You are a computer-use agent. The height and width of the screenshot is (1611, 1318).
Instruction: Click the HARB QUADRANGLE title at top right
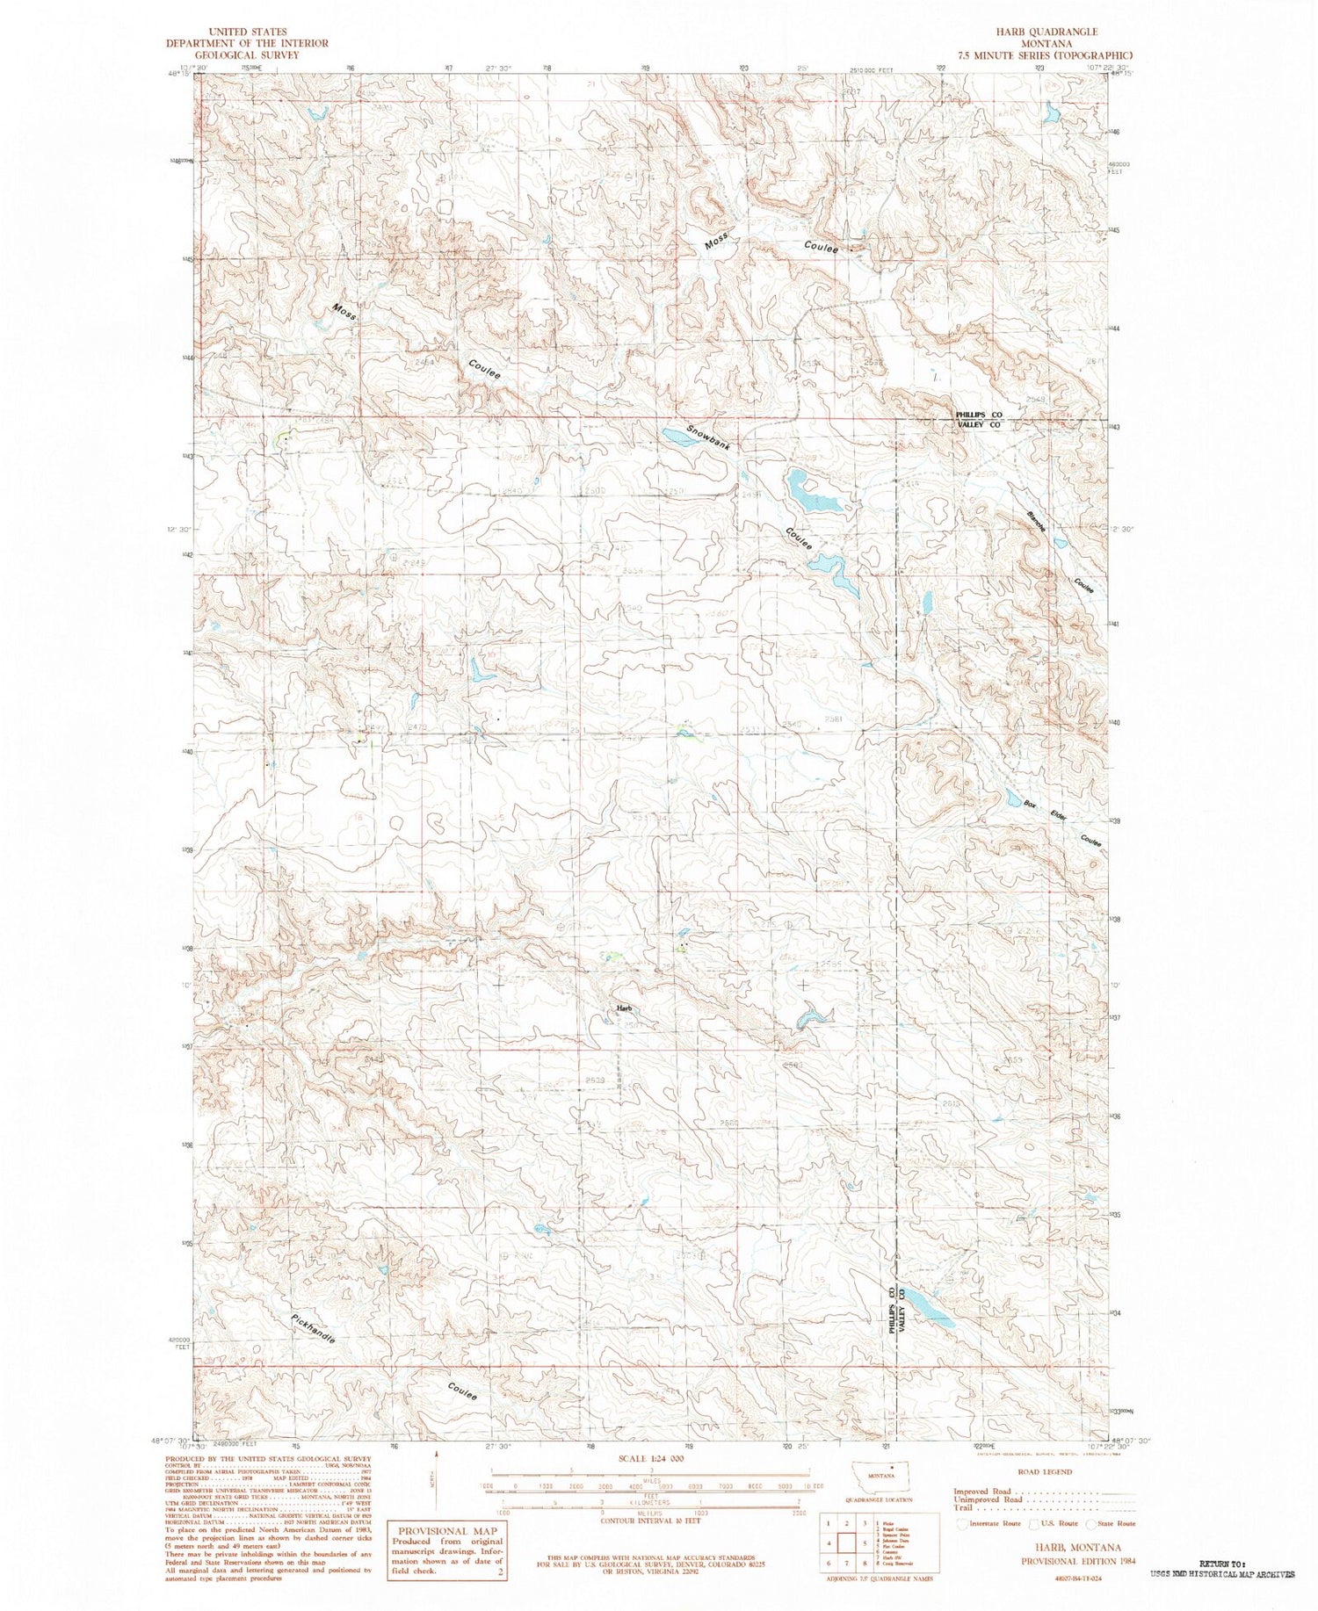1046,32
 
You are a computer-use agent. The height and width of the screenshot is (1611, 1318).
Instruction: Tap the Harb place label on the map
624,1008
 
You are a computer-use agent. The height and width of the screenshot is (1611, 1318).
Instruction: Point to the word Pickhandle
312,1329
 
